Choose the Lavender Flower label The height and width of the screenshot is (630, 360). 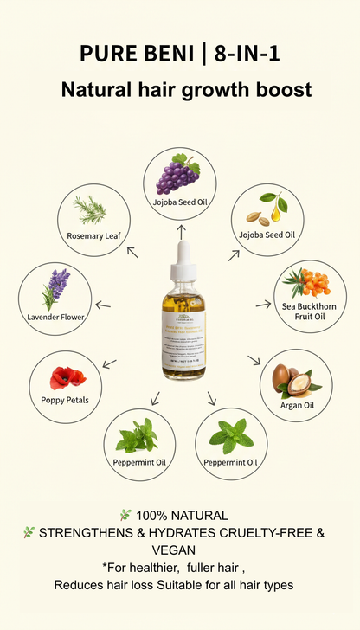click(55, 318)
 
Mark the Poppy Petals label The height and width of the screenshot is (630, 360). click(65, 400)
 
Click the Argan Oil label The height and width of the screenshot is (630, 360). click(298, 405)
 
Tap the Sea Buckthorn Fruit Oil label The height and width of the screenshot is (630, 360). click(309, 312)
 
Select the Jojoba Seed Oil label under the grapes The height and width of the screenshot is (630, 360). click(180, 202)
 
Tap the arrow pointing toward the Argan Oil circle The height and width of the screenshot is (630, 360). click(254, 359)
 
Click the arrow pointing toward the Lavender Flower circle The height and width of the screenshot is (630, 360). click(103, 304)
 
